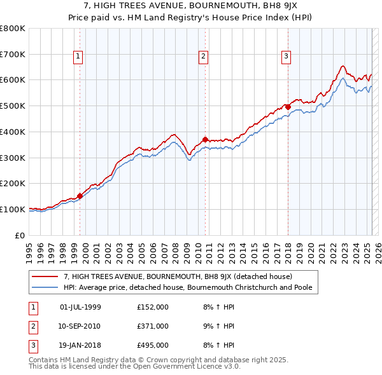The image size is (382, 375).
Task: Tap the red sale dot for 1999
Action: [80, 196]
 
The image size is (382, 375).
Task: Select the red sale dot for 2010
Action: [205, 139]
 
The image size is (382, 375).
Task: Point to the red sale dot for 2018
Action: [288, 107]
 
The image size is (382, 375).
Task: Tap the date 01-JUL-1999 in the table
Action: [80, 307]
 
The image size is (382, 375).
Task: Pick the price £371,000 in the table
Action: [153, 326]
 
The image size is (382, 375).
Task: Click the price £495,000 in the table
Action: [153, 345]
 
